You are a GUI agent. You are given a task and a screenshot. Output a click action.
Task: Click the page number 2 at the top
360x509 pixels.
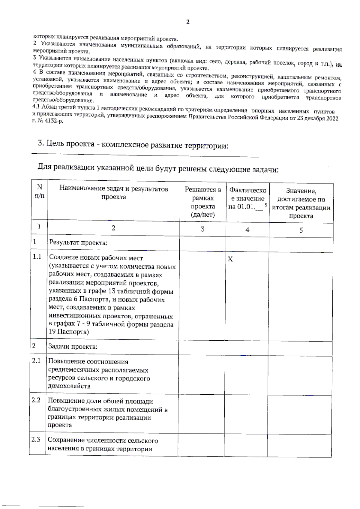click(188, 22)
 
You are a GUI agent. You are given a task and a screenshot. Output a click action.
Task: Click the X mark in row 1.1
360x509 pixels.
click(230, 259)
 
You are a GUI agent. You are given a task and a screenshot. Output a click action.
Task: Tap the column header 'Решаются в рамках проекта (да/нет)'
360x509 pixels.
click(203, 202)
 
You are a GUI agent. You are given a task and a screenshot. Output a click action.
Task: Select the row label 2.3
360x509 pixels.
click(36, 439)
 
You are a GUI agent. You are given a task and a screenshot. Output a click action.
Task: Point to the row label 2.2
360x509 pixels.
click(36, 400)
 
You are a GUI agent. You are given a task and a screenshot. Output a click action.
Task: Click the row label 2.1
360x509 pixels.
click(36, 360)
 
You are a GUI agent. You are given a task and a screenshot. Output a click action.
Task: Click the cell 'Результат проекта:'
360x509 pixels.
click(78, 242)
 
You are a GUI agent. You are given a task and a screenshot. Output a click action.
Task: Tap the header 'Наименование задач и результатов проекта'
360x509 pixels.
click(114, 193)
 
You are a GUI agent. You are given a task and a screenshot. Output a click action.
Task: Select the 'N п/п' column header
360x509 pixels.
click(39, 191)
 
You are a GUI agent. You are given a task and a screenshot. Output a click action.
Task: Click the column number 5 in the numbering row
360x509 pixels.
click(301, 230)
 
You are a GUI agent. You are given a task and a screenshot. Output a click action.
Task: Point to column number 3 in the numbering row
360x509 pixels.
click(202, 229)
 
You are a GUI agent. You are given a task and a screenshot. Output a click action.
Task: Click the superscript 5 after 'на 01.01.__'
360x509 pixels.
click(266, 205)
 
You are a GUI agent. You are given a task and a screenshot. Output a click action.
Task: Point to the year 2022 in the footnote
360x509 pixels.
click(332, 118)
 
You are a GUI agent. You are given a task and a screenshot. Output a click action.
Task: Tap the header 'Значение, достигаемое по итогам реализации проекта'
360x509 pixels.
click(301, 203)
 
